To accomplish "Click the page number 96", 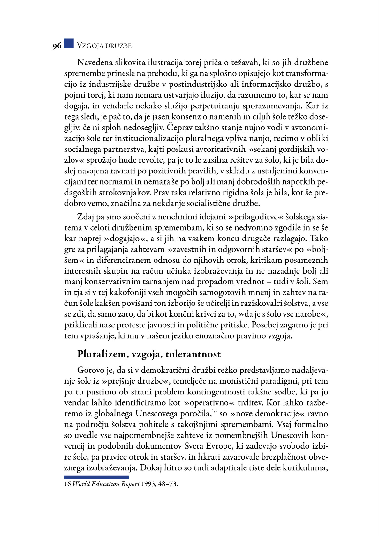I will [x=57, y=46].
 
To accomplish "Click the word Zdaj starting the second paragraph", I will [x=86, y=217].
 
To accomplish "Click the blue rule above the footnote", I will [x=96, y=477].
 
